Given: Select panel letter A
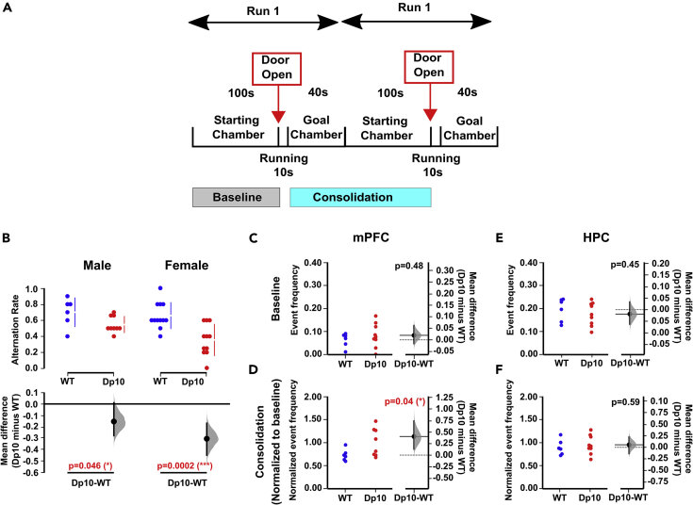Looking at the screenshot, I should click(x=10, y=9).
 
